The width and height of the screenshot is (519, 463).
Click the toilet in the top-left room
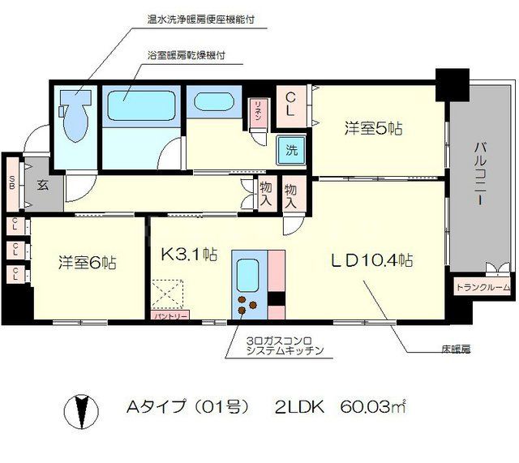tap(75, 120)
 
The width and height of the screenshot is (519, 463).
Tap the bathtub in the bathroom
tap(135, 105)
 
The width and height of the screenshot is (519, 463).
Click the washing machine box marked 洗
tap(290, 148)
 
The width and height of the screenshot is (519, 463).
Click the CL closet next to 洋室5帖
tap(291, 104)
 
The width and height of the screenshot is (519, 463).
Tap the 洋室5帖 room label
tap(374, 127)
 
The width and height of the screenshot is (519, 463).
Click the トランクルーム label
tap(483, 287)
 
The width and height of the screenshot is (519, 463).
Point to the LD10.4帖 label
tap(372, 260)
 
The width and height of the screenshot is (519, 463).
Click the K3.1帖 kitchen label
tap(188, 253)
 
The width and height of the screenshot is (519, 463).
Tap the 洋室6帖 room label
tap(86, 263)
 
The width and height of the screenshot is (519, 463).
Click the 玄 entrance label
tap(41, 184)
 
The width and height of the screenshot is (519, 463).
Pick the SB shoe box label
tap(12, 182)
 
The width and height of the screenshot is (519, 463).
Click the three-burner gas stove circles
tap(248, 307)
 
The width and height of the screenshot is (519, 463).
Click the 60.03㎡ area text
tap(372, 405)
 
